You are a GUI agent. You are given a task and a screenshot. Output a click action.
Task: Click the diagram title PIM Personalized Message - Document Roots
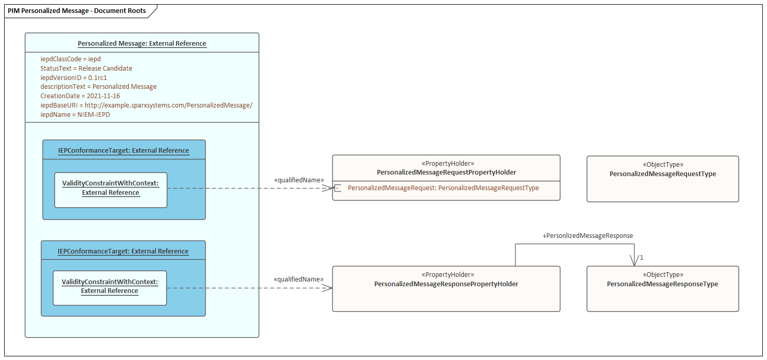click(76, 11)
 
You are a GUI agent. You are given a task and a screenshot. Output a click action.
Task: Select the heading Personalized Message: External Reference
click(142, 44)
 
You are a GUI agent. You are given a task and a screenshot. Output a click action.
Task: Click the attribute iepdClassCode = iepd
click(71, 59)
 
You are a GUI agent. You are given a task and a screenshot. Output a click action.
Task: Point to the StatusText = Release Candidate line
click(86, 69)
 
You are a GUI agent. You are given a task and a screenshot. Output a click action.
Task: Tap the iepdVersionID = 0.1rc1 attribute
click(74, 77)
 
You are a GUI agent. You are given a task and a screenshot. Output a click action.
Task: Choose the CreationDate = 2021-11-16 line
click(80, 96)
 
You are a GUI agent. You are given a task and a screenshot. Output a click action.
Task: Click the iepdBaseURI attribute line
click(146, 105)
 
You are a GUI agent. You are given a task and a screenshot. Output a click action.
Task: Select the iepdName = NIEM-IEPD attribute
click(75, 114)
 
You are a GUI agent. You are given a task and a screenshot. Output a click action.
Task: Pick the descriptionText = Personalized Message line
click(99, 87)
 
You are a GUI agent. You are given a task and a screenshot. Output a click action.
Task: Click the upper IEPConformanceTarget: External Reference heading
click(124, 151)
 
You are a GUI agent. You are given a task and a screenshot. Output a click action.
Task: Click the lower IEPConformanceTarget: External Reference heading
click(123, 251)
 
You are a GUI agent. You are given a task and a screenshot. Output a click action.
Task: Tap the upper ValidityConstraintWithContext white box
click(111, 190)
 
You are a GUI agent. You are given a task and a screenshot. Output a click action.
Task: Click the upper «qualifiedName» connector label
click(299, 180)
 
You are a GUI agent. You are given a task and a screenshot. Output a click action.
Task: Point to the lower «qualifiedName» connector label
click(299, 279)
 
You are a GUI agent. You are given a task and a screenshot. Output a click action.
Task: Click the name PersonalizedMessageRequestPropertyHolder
click(446, 172)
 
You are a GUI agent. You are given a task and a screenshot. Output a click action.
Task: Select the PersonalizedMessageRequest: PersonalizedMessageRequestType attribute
click(443, 188)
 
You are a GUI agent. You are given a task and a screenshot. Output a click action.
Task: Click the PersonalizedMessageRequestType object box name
click(663, 174)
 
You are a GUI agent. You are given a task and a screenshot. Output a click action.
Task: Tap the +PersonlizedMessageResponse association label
click(587, 236)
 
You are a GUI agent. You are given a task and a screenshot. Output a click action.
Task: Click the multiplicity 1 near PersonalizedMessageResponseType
click(642, 258)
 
